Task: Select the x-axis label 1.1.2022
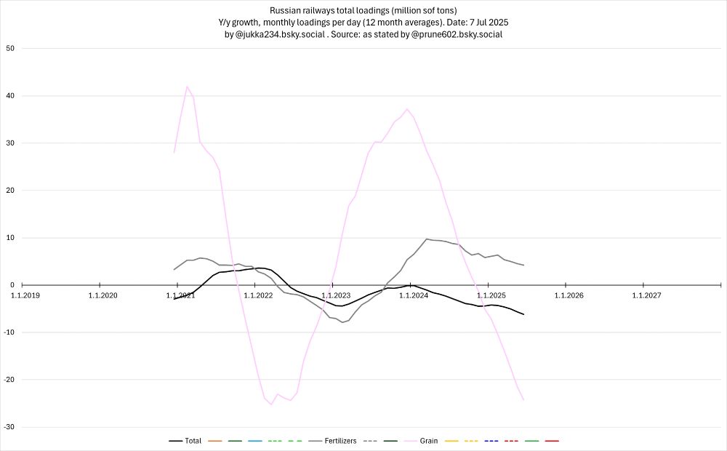coord(258,295)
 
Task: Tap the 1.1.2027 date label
coord(646,295)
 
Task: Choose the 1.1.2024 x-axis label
coord(414,295)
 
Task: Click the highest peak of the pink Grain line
coord(187,87)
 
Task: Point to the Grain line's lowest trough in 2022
coord(271,404)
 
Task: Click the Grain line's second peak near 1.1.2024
coord(407,109)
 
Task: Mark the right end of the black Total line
coord(523,314)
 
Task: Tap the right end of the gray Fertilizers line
coord(523,265)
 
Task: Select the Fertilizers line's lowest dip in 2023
coord(342,322)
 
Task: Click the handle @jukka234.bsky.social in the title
coord(279,34)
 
